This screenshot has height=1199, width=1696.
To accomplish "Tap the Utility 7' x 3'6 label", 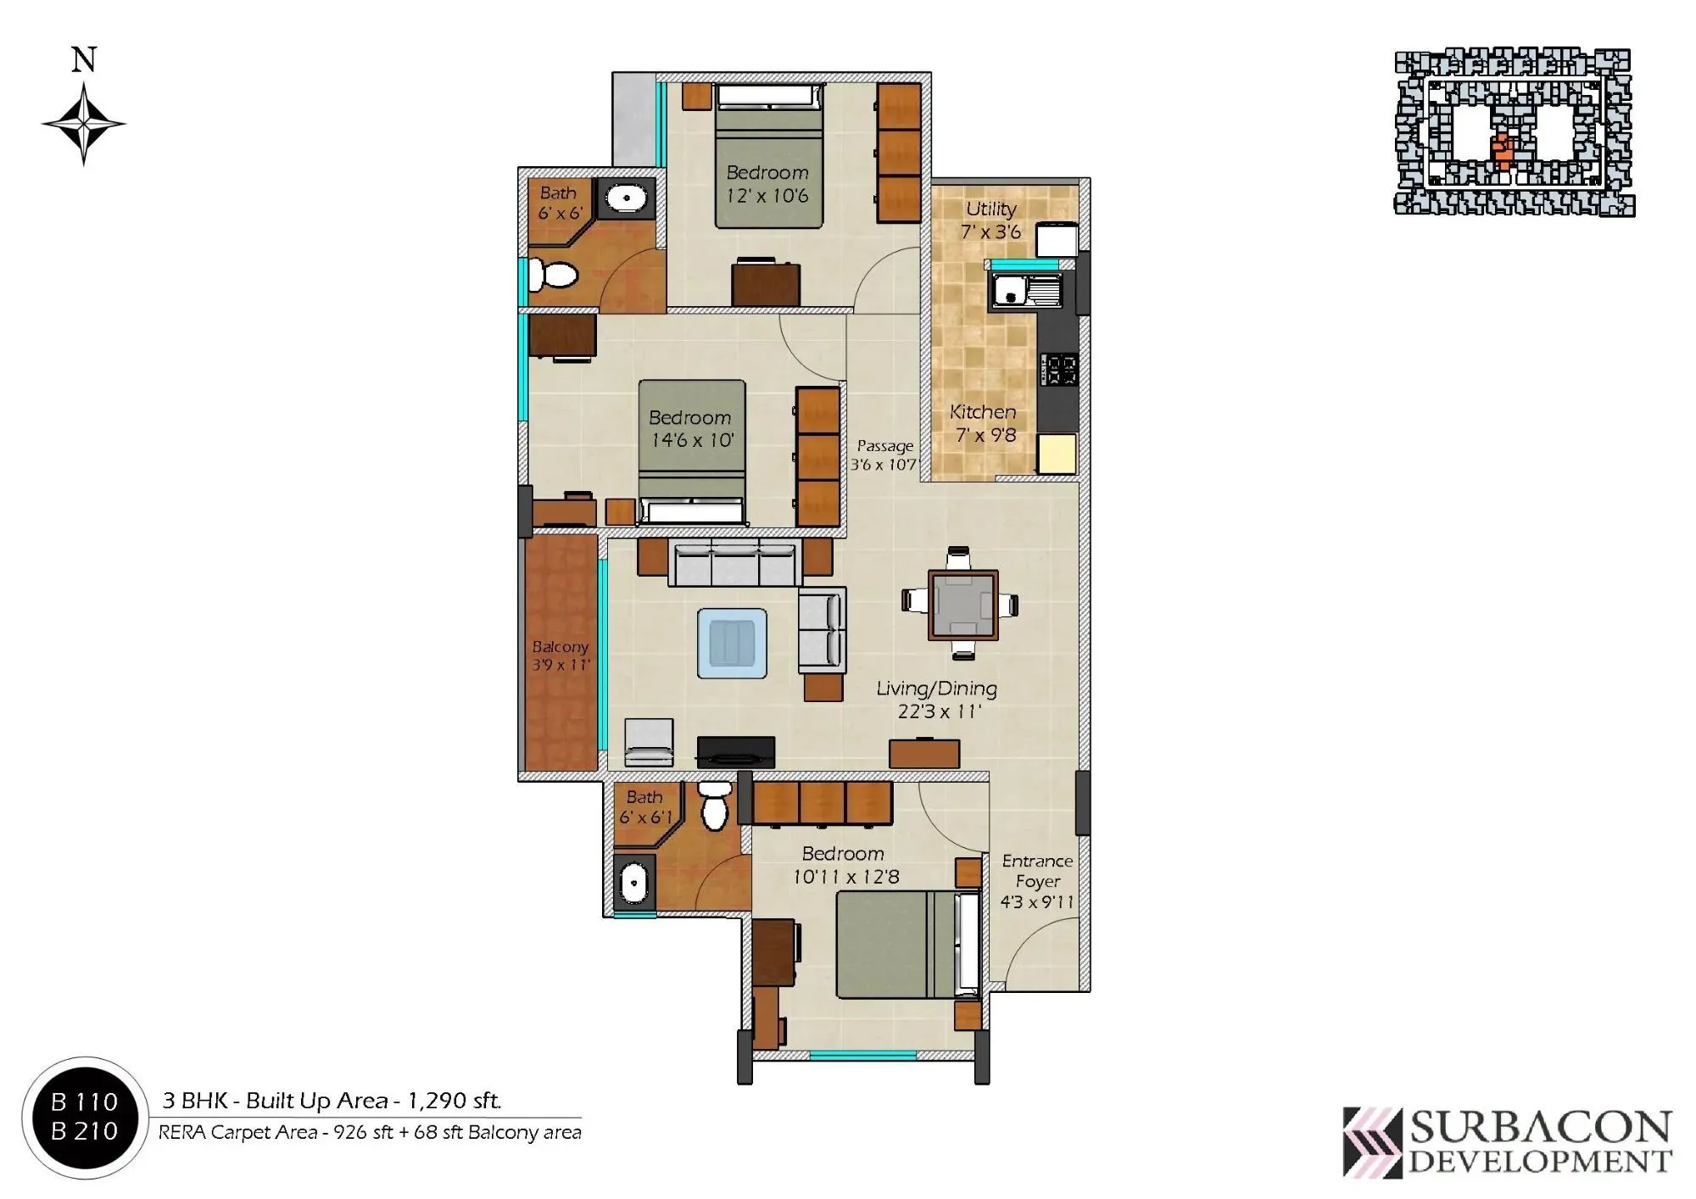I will tap(990, 220).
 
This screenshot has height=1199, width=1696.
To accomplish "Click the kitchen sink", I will tap(1025, 291).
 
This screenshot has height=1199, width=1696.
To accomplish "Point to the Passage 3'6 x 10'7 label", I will tap(884, 455).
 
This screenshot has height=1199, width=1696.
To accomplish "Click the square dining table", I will tap(962, 605).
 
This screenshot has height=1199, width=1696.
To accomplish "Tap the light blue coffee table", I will tap(732, 642).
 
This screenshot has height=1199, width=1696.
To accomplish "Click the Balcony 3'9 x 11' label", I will tap(560, 655).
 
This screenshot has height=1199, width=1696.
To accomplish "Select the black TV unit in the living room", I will tap(735, 750).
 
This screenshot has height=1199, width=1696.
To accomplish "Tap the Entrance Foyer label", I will tap(1036, 881).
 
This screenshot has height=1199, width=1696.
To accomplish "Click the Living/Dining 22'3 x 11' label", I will tap(937, 700).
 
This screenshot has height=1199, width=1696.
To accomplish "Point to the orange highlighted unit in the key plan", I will tap(1502, 153).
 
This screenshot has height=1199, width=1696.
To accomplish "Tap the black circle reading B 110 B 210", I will tap(84, 1116).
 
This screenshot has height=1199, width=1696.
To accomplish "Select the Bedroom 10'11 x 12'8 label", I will tap(845, 865).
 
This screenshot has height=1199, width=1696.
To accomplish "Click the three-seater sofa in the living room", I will tap(734, 562).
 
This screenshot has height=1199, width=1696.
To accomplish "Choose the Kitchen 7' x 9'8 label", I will tap(984, 423).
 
